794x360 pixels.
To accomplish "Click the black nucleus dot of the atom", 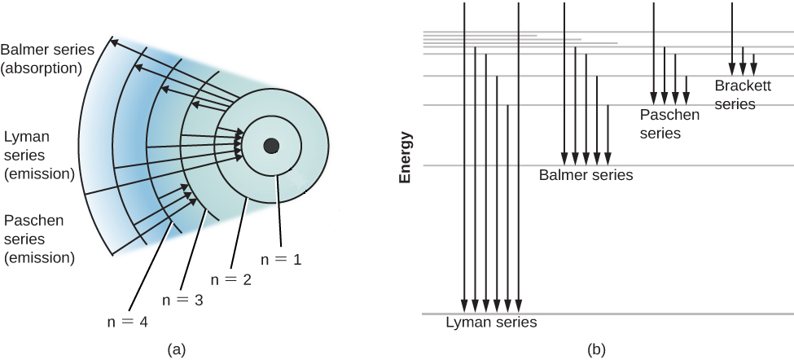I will (272, 146).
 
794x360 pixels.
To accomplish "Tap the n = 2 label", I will (231, 278).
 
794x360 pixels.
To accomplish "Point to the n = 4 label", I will (127, 320).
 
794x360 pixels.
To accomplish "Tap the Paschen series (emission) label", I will (39, 239).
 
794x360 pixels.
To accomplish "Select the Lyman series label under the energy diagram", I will (491, 323).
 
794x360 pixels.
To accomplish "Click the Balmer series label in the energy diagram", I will (586, 174).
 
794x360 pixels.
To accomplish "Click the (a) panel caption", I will (177, 349).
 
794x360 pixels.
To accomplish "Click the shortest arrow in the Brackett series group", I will (753, 63).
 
